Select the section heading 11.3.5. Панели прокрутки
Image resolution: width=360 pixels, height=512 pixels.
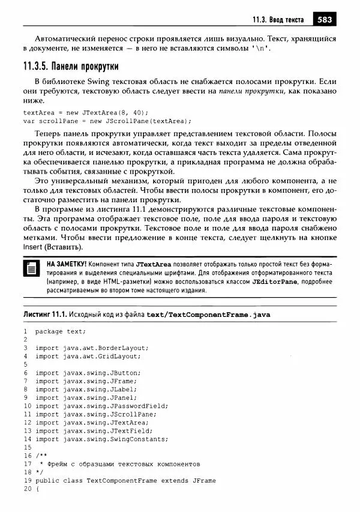[x=71, y=65]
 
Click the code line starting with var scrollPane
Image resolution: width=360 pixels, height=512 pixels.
[x=103, y=120]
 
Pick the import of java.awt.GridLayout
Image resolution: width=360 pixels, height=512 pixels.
[x=89, y=356]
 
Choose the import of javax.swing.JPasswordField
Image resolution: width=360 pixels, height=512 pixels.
[x=101, y=406]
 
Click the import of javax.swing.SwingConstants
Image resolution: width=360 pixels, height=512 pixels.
[x=101, y=439]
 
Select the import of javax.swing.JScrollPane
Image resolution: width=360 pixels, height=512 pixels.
[x=95, y=414]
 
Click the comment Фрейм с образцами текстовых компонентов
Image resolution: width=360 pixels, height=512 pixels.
[x=120, y=464]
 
